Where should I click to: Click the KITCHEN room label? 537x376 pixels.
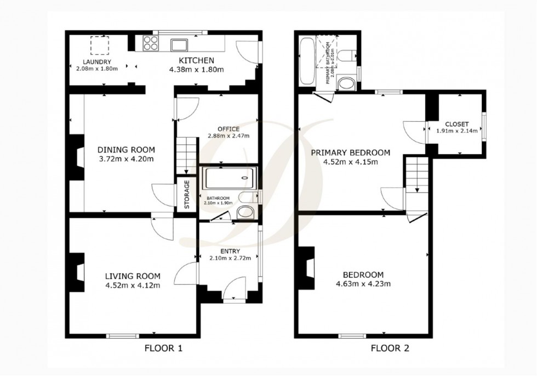coord(195,60)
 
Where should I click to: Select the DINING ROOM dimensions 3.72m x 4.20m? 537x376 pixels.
coord(126,159)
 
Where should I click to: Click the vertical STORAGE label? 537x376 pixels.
coord(187,194)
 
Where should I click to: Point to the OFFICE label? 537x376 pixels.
coord(228,129)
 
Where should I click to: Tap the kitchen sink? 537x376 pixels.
coord(179,44)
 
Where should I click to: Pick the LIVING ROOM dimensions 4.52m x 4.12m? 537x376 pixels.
coord(133,285)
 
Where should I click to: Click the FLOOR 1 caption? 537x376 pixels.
coord(163,348)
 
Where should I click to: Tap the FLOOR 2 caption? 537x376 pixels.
coord(390,348)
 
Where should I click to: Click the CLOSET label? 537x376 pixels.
coord(456,124)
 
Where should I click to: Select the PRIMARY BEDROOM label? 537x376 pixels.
coord(350,153)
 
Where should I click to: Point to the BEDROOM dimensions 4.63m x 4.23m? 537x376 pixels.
coord(363,284)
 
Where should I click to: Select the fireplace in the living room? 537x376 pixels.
coord(77,272)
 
